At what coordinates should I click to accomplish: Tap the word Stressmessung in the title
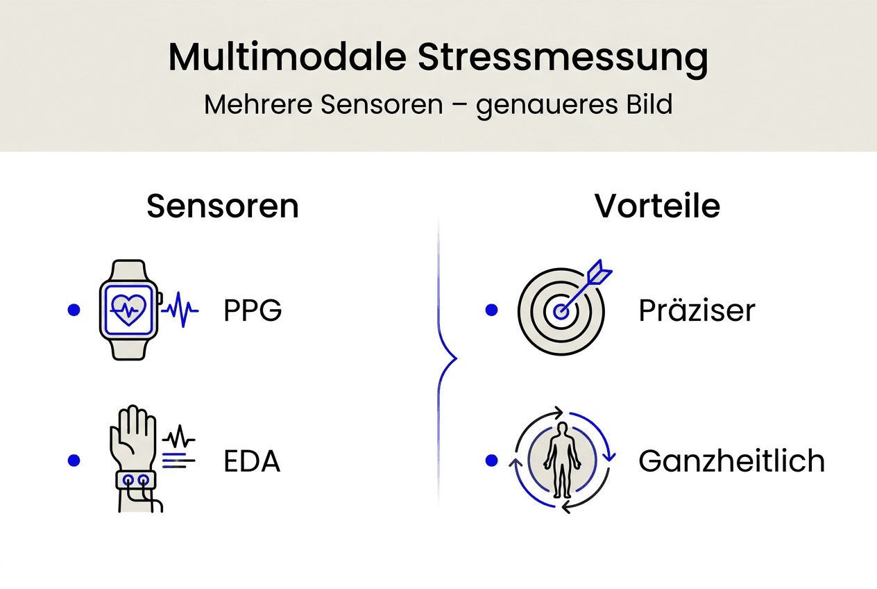pos(563,59)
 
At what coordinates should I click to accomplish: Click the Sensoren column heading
pos(223,206)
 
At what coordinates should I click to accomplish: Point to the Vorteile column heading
pos(657,206)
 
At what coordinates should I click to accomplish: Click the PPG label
pos(253,311)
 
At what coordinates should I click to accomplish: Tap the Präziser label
pos(697,311)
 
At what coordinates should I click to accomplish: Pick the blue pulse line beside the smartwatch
pos(180,310)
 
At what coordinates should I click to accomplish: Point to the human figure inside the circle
pos(560,458)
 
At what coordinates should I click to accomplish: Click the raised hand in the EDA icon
pos(133,435)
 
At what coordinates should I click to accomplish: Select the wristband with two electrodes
pos(136,479)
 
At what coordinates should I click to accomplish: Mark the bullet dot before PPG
pos(73,310)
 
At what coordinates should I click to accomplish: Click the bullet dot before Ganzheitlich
pos(492,461)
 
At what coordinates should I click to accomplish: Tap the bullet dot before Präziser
pos(492,310)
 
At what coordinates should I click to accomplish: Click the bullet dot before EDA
pos(73,461)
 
